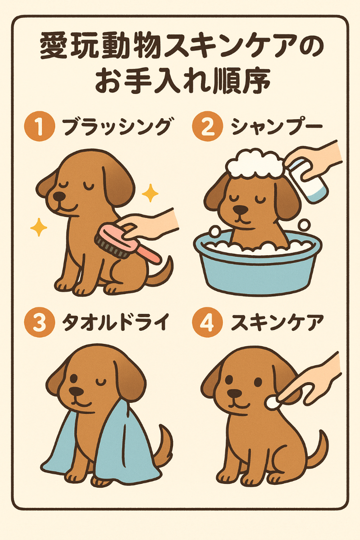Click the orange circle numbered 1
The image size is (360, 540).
40,126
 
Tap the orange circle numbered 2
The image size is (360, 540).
208,126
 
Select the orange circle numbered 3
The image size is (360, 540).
40,323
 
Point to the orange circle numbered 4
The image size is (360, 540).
208,323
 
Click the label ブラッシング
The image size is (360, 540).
117,126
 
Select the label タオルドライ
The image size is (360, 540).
116,323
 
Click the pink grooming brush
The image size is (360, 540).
127,243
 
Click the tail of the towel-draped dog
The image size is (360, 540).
165,444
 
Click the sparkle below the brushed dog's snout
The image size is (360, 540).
39,227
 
